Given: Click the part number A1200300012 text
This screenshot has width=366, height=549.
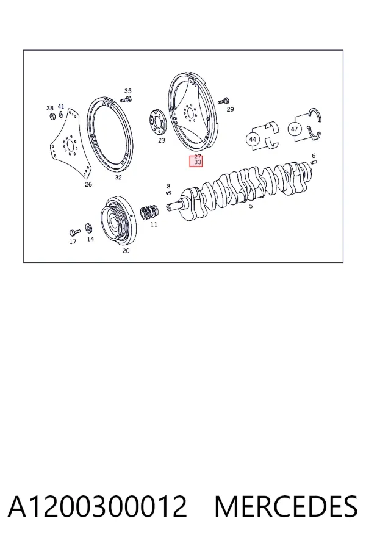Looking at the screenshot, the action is pyautogui.click(x=97, y=506).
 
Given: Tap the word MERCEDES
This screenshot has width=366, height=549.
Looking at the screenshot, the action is pyautogui.click(x=286, y=506).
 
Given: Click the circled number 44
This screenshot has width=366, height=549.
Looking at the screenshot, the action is pyautogui.click(x=253, y=139).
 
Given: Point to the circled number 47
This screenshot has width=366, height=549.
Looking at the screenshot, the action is pyautogui.click(x=295, y=129).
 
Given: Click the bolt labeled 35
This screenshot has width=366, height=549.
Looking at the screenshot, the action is pyautogui.click(x=126, y=100).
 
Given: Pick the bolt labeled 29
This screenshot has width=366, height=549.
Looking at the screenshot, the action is pyautogui.click(x=223, y=101).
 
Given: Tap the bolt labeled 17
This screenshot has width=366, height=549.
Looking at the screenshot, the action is pyautogui.click(x=74, y=232).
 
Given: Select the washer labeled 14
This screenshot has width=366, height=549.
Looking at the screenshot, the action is pyautogui.click(x=89, y=228).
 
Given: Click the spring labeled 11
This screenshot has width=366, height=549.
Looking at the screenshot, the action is pyautogui.click(x=149, y=212).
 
